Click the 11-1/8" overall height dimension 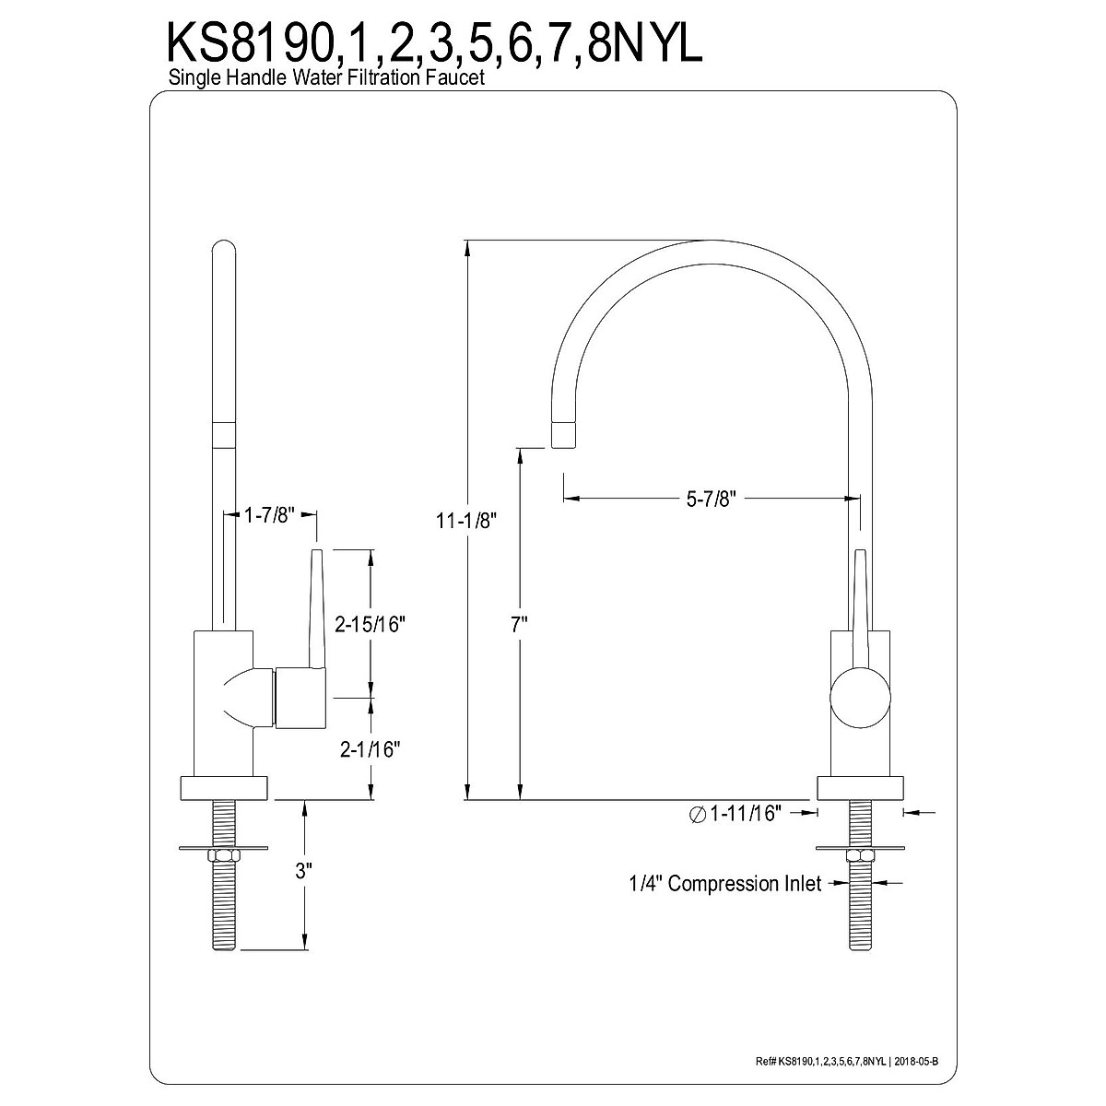tap(466, 521)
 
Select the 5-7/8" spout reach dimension tap(712, 499)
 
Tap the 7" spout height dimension tap(520, 625)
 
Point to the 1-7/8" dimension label tap(269, 515)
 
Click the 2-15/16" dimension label tap(371, 624)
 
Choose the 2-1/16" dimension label tap(371, 749)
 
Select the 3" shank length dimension tap(303, 871)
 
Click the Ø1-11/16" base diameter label tap(735, 813)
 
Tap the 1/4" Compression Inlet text tap(725, 883)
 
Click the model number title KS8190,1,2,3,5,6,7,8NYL tap(434, 42)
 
